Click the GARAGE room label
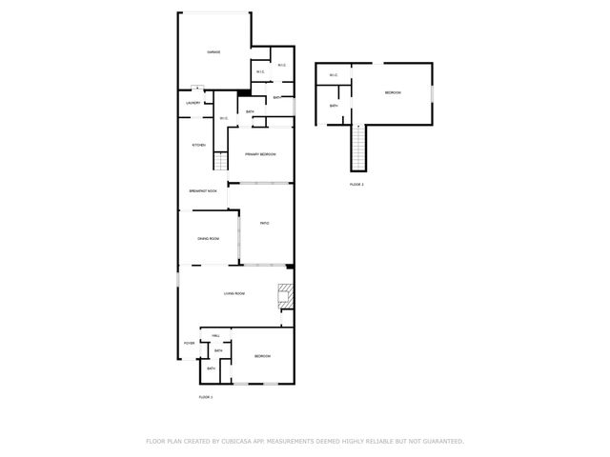coord(214,52)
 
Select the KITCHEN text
coord(199,145)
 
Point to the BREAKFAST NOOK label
coord(202,191)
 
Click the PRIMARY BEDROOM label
coord(260,154)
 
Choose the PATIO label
coord(265,223)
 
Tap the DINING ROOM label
coord(209,238)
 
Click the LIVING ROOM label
coord(235,293)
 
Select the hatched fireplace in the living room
coord(285,296)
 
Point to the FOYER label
coord(189,343)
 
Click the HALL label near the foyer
coord(216,336)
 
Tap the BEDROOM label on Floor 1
coord(262,356)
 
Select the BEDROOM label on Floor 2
coord(393,92)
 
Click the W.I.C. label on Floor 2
coord(334,75)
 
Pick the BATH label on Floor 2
coord(334,106)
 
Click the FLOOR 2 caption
coord(356,184)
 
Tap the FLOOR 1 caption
coord(205,396)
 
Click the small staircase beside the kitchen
coord(219,161)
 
